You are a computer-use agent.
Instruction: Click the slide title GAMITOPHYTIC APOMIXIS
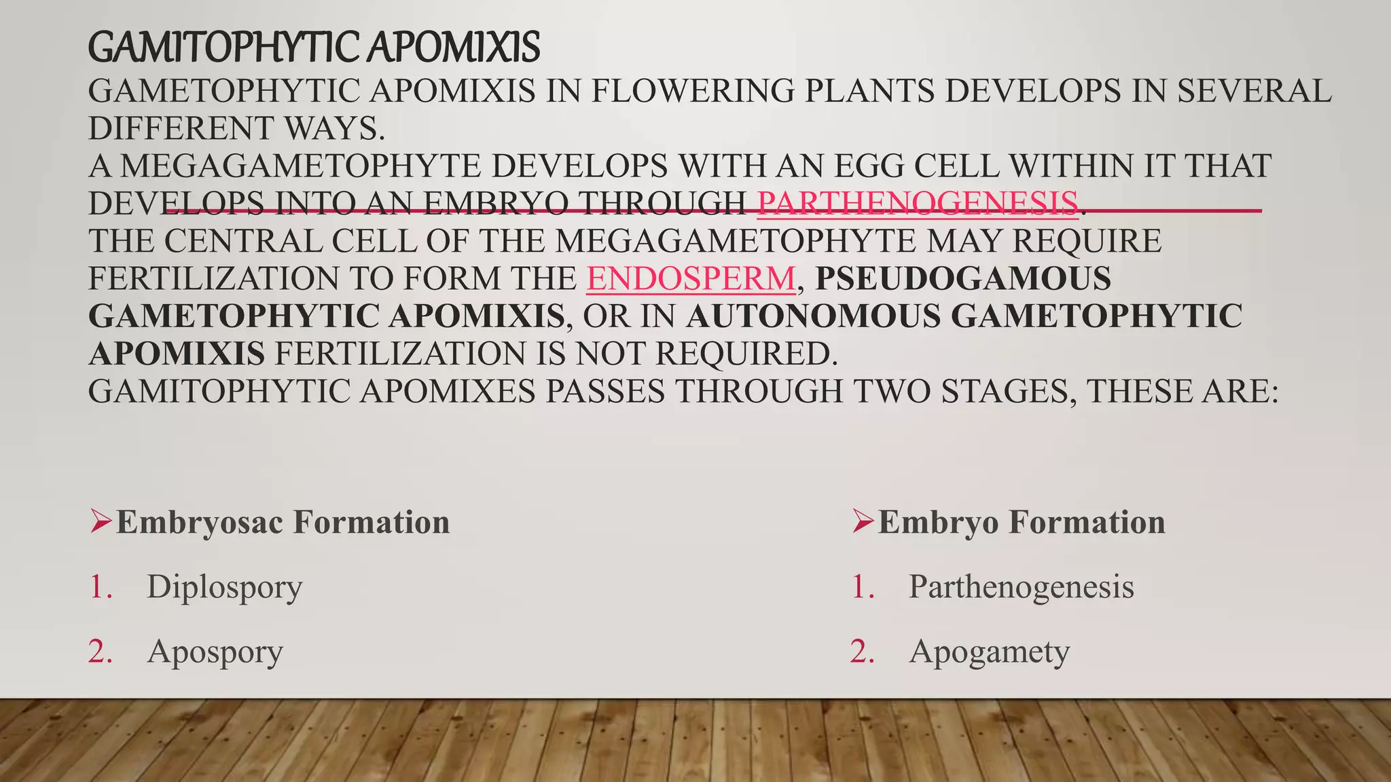click(x=314, y=48)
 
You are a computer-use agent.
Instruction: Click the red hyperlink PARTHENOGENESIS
click(x=918, y=203)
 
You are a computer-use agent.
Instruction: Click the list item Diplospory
click(x=224, y=587)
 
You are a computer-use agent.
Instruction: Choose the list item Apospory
click(x=215, y=652)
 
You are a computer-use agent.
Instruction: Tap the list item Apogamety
click(x=989, y=652)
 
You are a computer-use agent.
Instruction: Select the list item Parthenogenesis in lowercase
click(x=1021, y=587)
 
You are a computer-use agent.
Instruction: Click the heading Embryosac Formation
click(x=283, y=522)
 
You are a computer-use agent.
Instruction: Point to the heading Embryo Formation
click(x=1021, y=522)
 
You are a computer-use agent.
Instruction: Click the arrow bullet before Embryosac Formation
click(x=100, y=521)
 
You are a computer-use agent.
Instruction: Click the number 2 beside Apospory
click(x=100, y=652)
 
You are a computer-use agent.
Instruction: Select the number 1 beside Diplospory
click(x=100, y=587)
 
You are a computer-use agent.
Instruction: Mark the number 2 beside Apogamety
click(x=863, y=652)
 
